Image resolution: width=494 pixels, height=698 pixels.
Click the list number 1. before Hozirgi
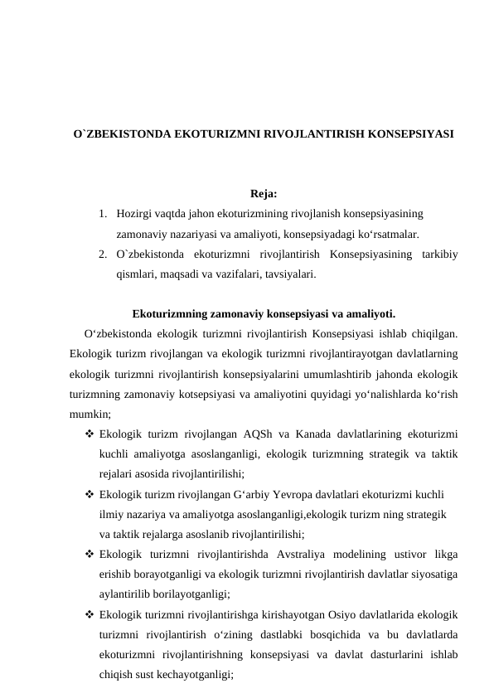point(101,214)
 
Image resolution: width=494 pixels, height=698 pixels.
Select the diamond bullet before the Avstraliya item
point(89,553)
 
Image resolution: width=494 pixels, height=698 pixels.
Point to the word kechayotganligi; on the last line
point(196,675)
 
